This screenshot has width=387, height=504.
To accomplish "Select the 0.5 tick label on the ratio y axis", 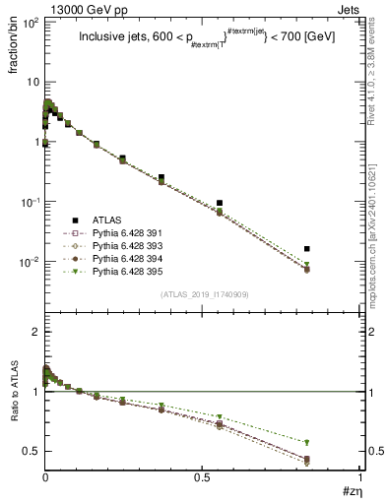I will coord(30,452).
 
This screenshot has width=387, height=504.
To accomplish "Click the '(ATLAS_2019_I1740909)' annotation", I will coord(203,295).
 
